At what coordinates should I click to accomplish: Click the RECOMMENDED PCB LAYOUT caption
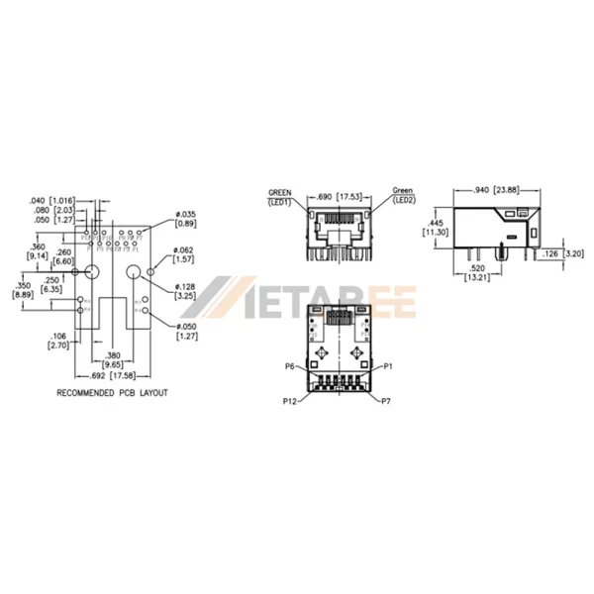point(112,393)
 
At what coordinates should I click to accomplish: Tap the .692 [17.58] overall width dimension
point(112,376)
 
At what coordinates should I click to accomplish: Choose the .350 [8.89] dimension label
point(22,289)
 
